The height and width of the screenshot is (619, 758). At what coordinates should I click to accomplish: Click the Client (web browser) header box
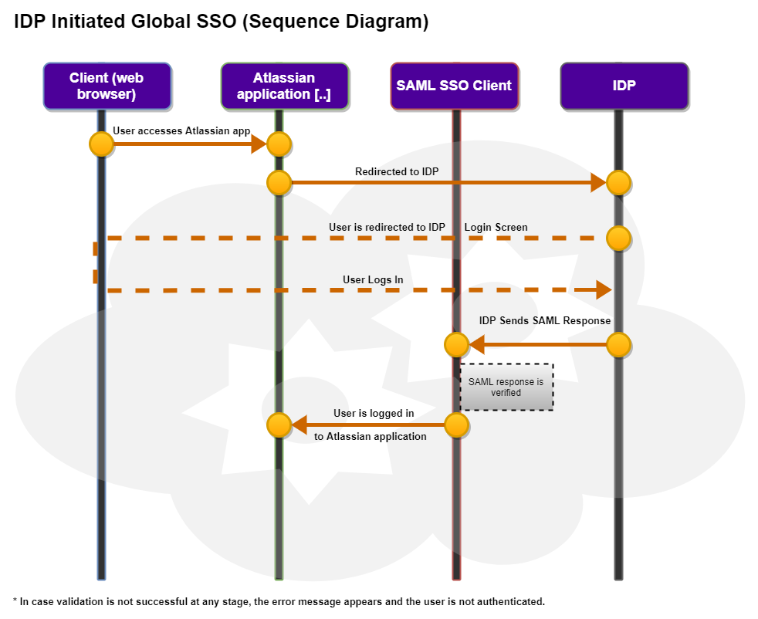107,86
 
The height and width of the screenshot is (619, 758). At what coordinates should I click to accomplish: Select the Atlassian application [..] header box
284,86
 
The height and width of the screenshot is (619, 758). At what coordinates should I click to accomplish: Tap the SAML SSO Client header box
454,86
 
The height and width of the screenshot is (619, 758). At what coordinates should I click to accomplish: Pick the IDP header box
624,86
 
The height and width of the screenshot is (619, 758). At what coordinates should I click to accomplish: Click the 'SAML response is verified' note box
506,387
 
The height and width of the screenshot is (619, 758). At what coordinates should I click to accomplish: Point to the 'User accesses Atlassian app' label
181,131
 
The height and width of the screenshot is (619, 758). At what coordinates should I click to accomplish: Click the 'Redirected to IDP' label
397,171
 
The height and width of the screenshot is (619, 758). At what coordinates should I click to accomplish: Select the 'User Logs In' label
373,279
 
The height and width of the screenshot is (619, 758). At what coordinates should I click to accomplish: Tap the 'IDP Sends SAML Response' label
545,320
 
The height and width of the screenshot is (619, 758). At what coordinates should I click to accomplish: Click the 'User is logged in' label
374,413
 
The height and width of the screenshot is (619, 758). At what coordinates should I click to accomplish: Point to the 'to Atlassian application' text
371,437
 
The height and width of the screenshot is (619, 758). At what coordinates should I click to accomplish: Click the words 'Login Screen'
496,227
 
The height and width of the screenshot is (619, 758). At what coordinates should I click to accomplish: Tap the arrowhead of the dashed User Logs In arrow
604,291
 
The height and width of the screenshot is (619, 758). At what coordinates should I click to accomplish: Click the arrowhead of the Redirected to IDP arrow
598,183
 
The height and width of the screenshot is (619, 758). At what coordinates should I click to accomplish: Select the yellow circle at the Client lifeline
101,144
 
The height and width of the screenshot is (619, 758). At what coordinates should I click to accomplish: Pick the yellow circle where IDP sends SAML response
619,344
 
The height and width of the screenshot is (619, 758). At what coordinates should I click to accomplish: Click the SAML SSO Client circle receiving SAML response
456,344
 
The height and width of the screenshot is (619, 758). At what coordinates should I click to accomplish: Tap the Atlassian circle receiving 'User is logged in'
279,425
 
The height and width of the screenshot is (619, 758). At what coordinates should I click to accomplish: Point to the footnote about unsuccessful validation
279,602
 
